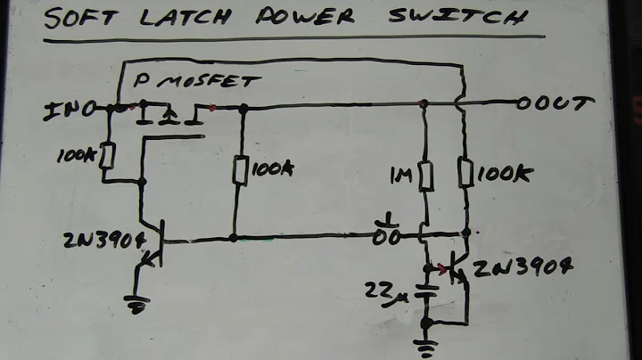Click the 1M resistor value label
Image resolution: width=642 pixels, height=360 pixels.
pyautogui.click(x=401, y=174)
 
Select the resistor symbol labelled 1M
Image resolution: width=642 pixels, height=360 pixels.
pyautogui.click(x=425, y=174)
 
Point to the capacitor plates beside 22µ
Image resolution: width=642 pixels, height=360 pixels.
pyautogui.click(x=426, y=290)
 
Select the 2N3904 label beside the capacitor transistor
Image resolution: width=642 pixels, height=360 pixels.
pyautogui.click(x=522, y=268)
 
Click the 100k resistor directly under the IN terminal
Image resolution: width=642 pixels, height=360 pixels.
pyautogui.click(x=107, y=157)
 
